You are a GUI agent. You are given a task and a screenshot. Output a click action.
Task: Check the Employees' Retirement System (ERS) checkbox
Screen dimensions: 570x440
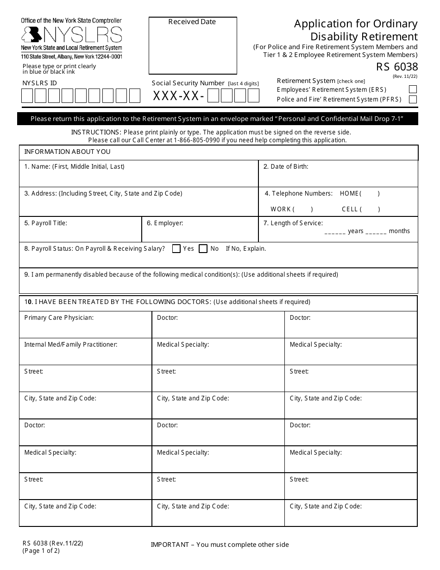tap(413, 89)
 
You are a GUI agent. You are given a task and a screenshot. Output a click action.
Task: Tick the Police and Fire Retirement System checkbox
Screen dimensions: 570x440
tap(413, 99)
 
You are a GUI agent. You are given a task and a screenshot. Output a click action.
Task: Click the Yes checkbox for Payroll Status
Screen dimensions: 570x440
tap(176, 249)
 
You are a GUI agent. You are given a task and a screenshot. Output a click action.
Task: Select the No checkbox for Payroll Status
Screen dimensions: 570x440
tap(203, 249)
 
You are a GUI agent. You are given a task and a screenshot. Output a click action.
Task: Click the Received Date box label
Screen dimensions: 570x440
tap(192, 22)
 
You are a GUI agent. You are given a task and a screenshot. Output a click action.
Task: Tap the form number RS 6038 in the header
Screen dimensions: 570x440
tap(397, 67)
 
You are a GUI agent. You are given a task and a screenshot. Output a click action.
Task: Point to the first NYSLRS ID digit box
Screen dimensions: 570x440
tap(27, 96)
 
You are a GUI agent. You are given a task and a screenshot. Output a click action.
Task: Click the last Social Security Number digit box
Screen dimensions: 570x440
tap(253, 96)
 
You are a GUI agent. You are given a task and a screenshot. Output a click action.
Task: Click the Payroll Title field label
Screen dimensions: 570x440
tap(46, 223)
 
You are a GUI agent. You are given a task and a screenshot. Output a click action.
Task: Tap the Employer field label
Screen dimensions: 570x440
tap(165, 223)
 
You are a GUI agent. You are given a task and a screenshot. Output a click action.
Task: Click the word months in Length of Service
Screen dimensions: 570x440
tap(399, 231)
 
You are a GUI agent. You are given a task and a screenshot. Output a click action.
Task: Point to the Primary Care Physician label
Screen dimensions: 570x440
tap(59, 318)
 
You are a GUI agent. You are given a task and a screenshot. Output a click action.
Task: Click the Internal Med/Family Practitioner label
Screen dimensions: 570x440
tap(70, 345)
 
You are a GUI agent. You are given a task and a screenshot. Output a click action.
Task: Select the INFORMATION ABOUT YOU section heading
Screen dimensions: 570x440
tap(67, 152)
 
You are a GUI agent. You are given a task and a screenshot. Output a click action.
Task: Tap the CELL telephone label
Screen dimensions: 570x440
tap(350, 209)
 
